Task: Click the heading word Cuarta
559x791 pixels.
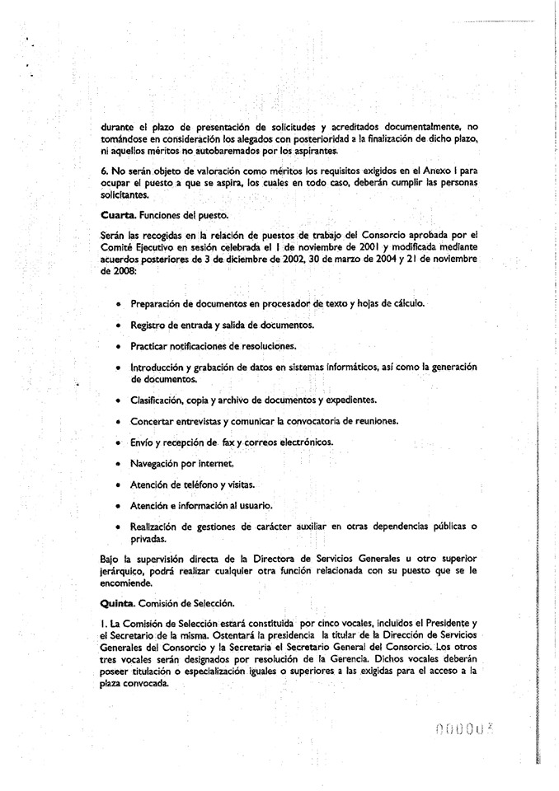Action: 118,215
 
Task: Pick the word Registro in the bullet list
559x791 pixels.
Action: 150,325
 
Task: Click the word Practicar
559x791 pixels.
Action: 153,346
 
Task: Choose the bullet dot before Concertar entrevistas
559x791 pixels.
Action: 120,421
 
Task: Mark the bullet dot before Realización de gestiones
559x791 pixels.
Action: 120,527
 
